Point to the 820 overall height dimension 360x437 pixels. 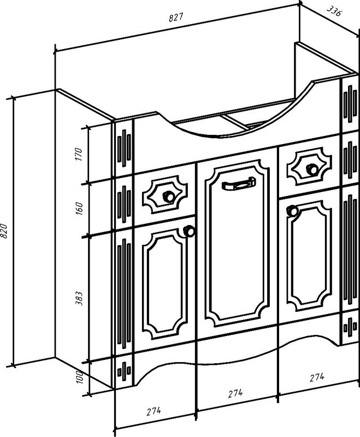coord(5,232)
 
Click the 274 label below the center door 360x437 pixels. coord(235,393)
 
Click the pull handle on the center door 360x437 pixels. coord(239,185)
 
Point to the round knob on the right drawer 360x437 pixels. coord(312,168)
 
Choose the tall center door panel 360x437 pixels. coord(237,246)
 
